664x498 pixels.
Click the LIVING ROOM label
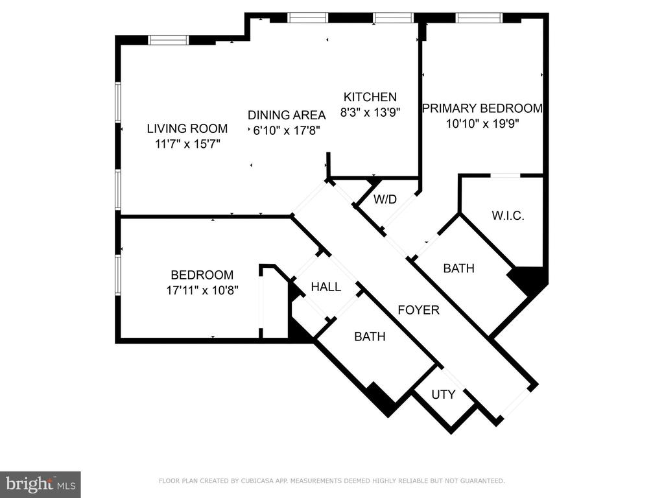(x=187, y=128)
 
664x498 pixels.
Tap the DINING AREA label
(x=287, y=115)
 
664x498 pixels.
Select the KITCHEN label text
(x=370, y=97)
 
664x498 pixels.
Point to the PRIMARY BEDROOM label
(x=482, y=108)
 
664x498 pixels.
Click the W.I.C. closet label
(x=508, y=215)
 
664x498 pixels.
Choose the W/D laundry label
(x=385, y=199)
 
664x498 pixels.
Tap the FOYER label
(x=418, y=310)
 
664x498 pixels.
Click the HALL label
(x=326, y=287)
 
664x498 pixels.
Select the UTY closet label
(x=444, y=394)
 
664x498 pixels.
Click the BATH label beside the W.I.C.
(x=458, y=268)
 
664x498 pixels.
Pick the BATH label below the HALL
(x=370, y=337)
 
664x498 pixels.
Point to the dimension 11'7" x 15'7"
(x=187, y=144)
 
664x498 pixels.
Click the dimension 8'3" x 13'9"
(x=370, y=112)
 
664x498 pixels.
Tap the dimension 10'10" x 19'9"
(x=482, y=124)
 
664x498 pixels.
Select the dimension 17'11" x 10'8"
(x=202, y=290)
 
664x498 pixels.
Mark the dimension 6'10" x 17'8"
(x=287, y=130)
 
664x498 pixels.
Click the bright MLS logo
(x=40, y=484)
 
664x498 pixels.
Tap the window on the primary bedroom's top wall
(x=479, y=18)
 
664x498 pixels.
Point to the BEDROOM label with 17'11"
(x=202, y=275)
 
